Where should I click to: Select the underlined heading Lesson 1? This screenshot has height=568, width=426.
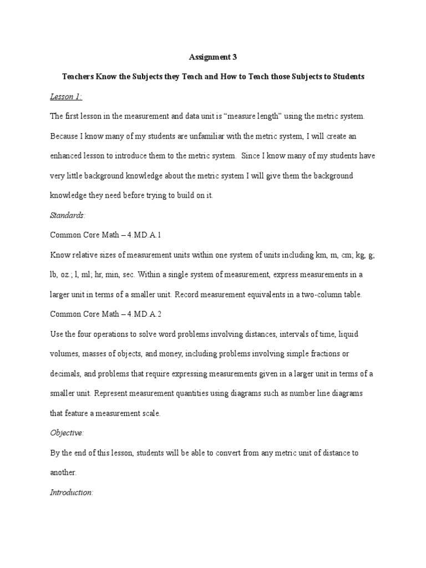point(66,97)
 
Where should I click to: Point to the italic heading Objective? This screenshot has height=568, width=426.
point(67,433)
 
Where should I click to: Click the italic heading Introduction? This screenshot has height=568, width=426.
point(72,492)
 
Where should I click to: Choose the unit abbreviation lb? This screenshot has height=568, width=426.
point(54,275)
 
